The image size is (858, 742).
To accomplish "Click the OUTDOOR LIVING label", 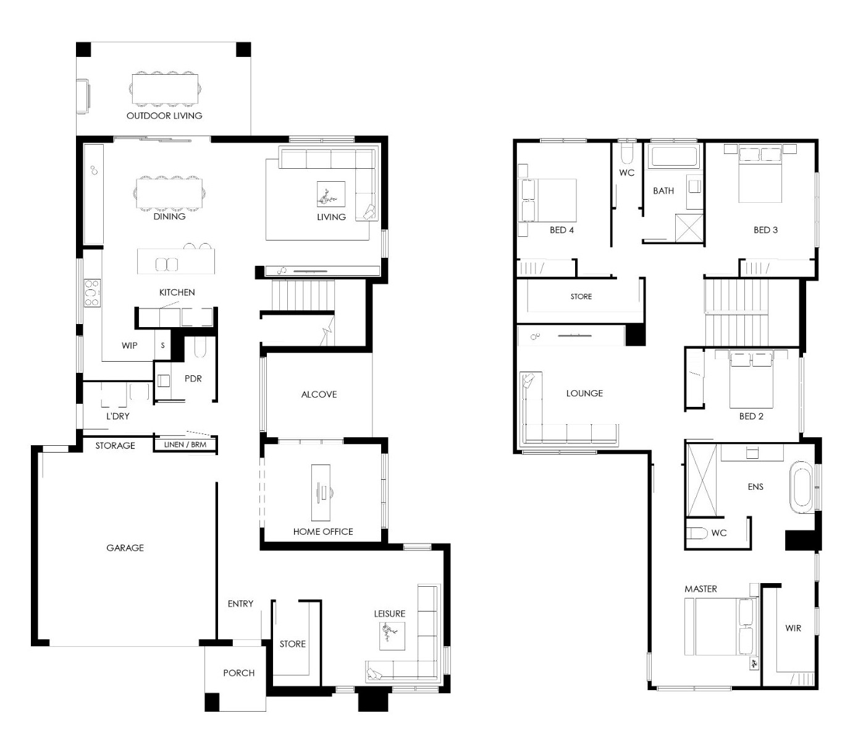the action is (164, 116).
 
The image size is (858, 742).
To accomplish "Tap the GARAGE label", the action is (125, 548).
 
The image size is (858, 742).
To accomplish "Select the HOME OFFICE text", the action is (323, 531).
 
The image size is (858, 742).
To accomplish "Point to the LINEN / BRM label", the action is (185, 445).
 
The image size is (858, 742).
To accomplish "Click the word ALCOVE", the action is (319, 394).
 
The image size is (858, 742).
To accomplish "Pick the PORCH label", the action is (238, 673).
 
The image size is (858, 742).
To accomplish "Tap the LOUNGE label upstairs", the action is (584, 393).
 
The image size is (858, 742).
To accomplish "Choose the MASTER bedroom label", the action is (700, 589).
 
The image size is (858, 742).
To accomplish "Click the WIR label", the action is (793, 628).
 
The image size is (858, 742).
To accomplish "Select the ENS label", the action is (755, 487).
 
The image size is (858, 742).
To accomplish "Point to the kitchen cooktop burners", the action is (92, 292).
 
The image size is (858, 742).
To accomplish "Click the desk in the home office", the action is (321, 492).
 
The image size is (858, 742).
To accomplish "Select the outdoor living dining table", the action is (165, 88).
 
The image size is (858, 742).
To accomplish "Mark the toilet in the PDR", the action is (200, 348).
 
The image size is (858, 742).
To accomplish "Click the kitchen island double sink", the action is (166, 264).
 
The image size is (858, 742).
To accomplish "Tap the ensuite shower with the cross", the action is (701, 480).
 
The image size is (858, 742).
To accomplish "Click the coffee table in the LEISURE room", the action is (392, 636).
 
